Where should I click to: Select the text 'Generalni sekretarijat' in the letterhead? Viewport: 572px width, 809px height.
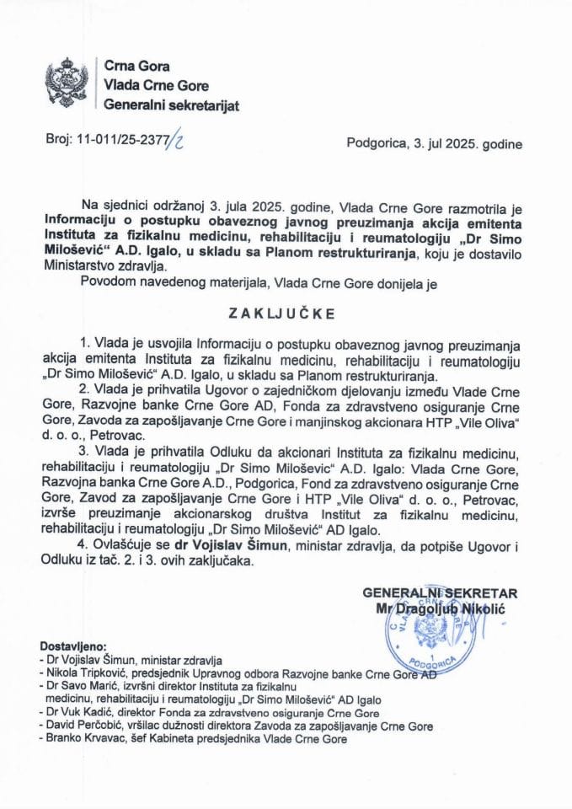[171, 105]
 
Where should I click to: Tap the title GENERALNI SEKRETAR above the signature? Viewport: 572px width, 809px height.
[441, 592]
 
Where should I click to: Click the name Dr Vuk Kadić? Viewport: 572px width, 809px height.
[75, 712]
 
